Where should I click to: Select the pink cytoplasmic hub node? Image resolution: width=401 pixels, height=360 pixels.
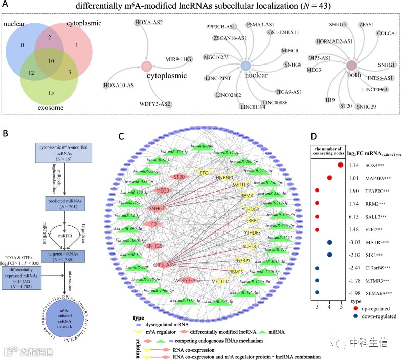(x=147, y=67)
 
